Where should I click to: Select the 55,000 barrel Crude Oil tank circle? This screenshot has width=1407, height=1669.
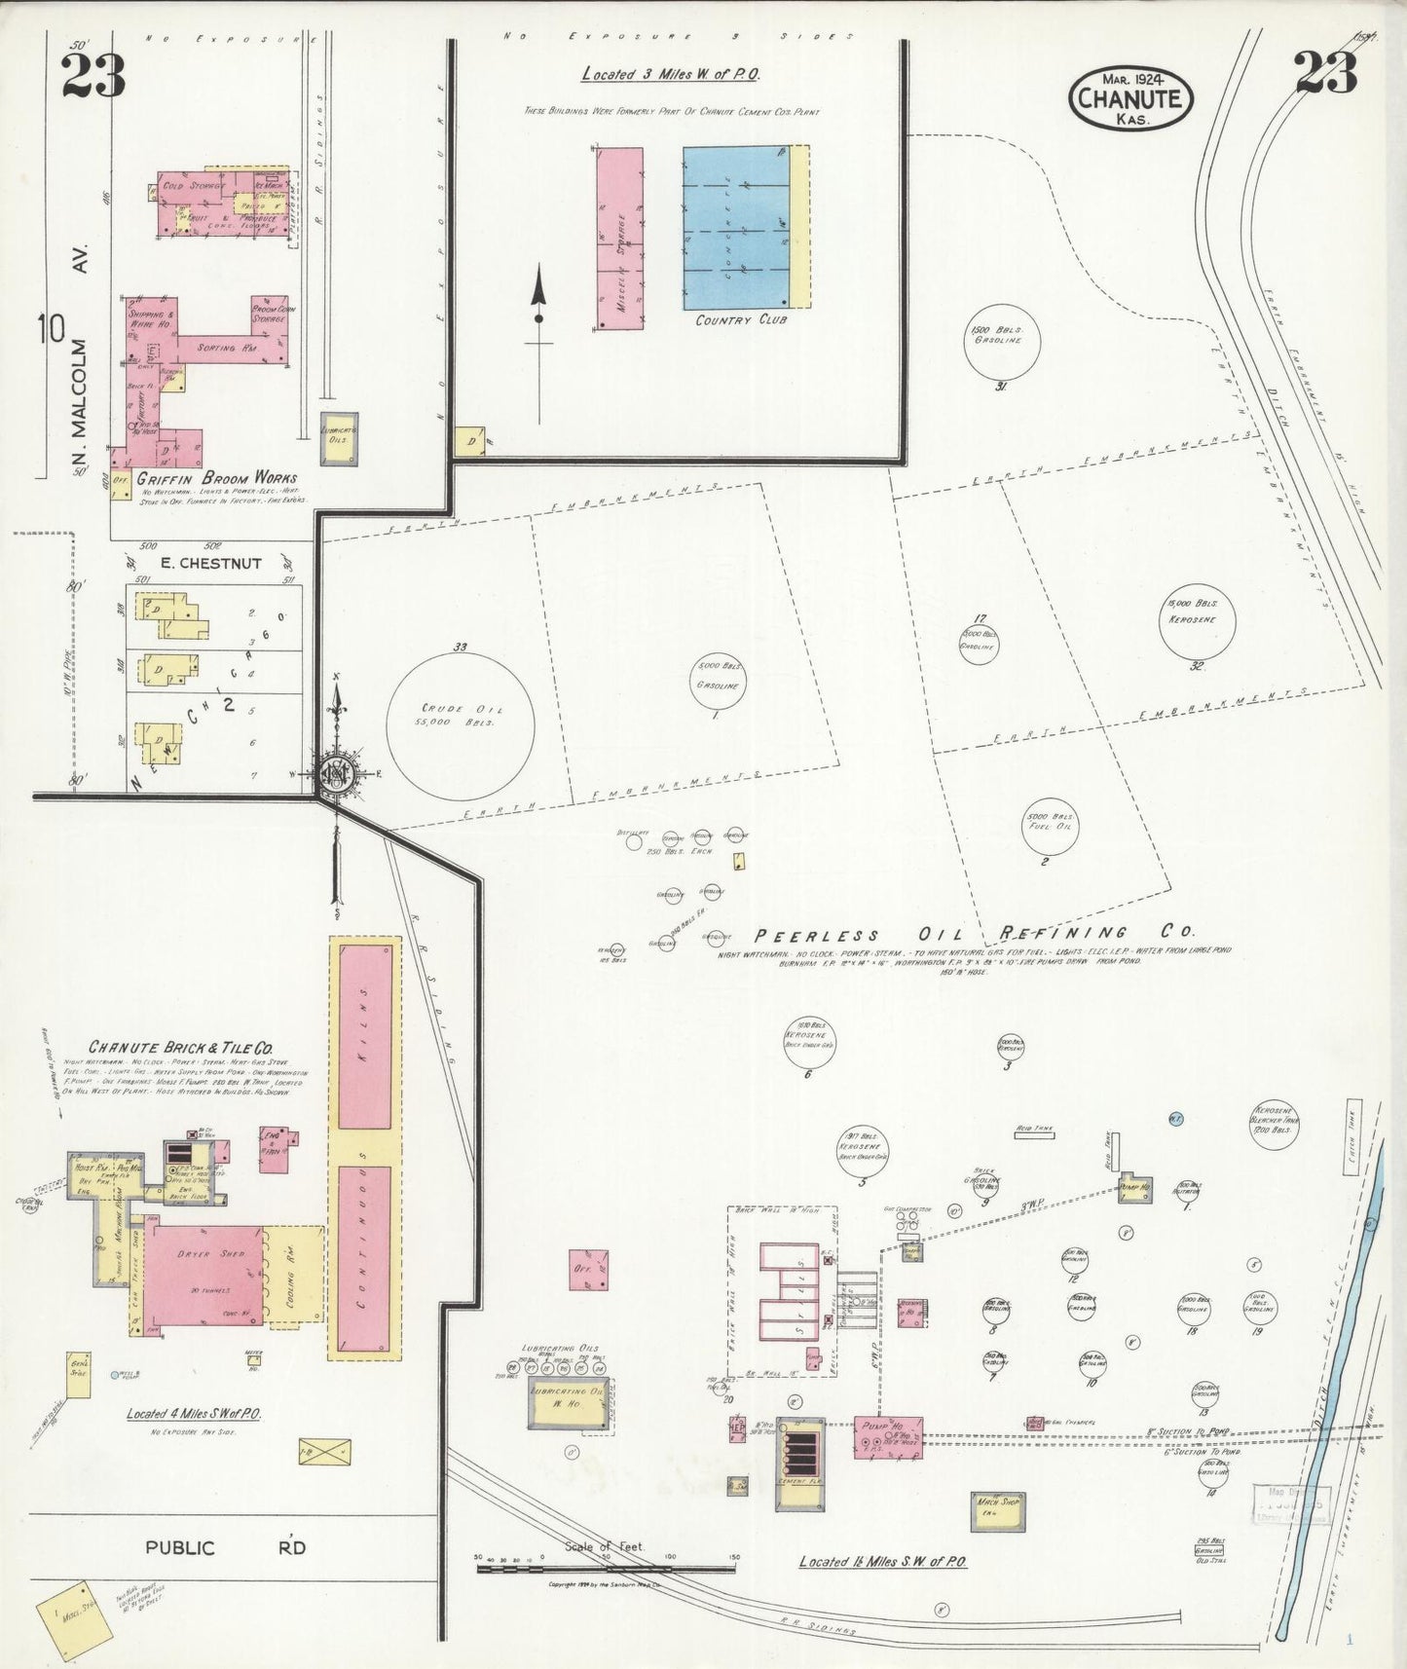[x=460, y=715]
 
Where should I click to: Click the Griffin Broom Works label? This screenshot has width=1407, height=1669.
[x=216, y=478]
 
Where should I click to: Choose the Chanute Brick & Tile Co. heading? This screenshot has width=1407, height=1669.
[x=181, y=1048]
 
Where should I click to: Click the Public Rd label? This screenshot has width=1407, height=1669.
[x=227, y=1547]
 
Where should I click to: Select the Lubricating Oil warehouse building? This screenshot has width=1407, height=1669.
[x=565, y=1403]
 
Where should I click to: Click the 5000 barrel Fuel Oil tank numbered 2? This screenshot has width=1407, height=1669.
[x=1048, y=821]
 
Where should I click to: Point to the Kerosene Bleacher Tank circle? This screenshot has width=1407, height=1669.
[x=1277, y=1126]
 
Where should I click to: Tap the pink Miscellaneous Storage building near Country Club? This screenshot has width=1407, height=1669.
[x=618, y=239]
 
